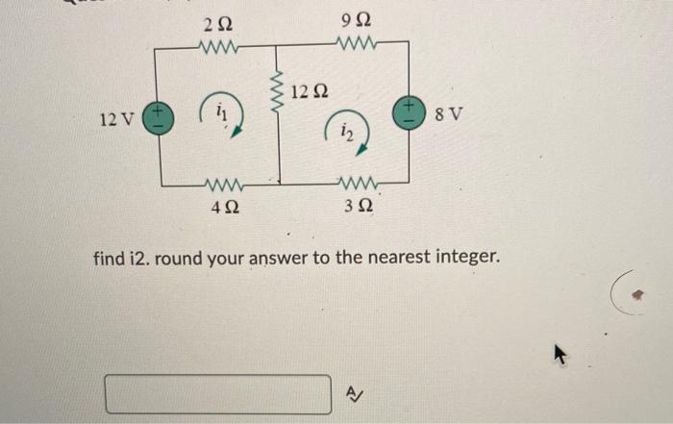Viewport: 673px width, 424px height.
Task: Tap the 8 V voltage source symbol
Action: coord(407,112)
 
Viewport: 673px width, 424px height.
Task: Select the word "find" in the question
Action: coord(110,258)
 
